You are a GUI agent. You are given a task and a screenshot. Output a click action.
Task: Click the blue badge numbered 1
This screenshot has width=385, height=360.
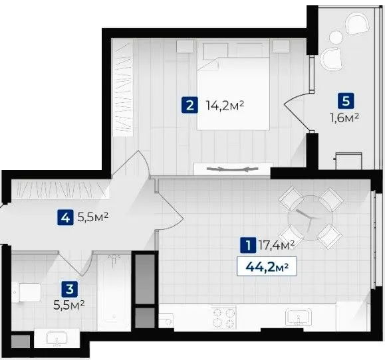pos(248,245)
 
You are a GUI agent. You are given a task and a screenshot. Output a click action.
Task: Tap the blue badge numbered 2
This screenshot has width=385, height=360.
pos(190,106)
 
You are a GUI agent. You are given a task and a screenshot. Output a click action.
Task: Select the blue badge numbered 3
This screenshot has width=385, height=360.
pos(70,289)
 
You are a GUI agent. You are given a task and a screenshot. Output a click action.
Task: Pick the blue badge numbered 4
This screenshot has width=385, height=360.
pos(65,217)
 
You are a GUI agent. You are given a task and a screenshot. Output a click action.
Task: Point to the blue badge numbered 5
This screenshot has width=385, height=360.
pos(346,101)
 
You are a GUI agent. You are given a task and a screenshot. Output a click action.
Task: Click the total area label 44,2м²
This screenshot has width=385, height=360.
pos(267,266)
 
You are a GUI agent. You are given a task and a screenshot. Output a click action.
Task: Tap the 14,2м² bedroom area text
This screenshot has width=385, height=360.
pos(225,106)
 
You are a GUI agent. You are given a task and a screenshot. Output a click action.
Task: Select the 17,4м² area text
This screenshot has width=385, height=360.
pos(277,245)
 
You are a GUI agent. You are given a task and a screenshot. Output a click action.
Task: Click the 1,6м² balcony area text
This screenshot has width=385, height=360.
pos(344,118)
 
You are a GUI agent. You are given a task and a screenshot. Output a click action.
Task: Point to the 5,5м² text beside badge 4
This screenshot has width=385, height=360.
pos(93,217)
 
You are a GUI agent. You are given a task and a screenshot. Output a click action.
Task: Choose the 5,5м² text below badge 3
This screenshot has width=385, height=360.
pos(69,306)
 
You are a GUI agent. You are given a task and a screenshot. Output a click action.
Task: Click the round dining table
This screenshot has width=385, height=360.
pos(311,219)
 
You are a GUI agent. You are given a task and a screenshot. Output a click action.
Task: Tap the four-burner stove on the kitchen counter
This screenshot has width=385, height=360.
pos(223,317)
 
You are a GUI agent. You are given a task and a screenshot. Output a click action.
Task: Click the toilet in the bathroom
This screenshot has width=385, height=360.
pos(27,292)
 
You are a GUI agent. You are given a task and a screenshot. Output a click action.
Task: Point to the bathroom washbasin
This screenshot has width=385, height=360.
pos(57,339)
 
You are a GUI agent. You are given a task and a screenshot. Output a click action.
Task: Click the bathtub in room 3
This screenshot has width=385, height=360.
pos(114,292)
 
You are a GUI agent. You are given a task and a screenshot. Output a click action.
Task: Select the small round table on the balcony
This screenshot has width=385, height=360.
pos(336,37)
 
